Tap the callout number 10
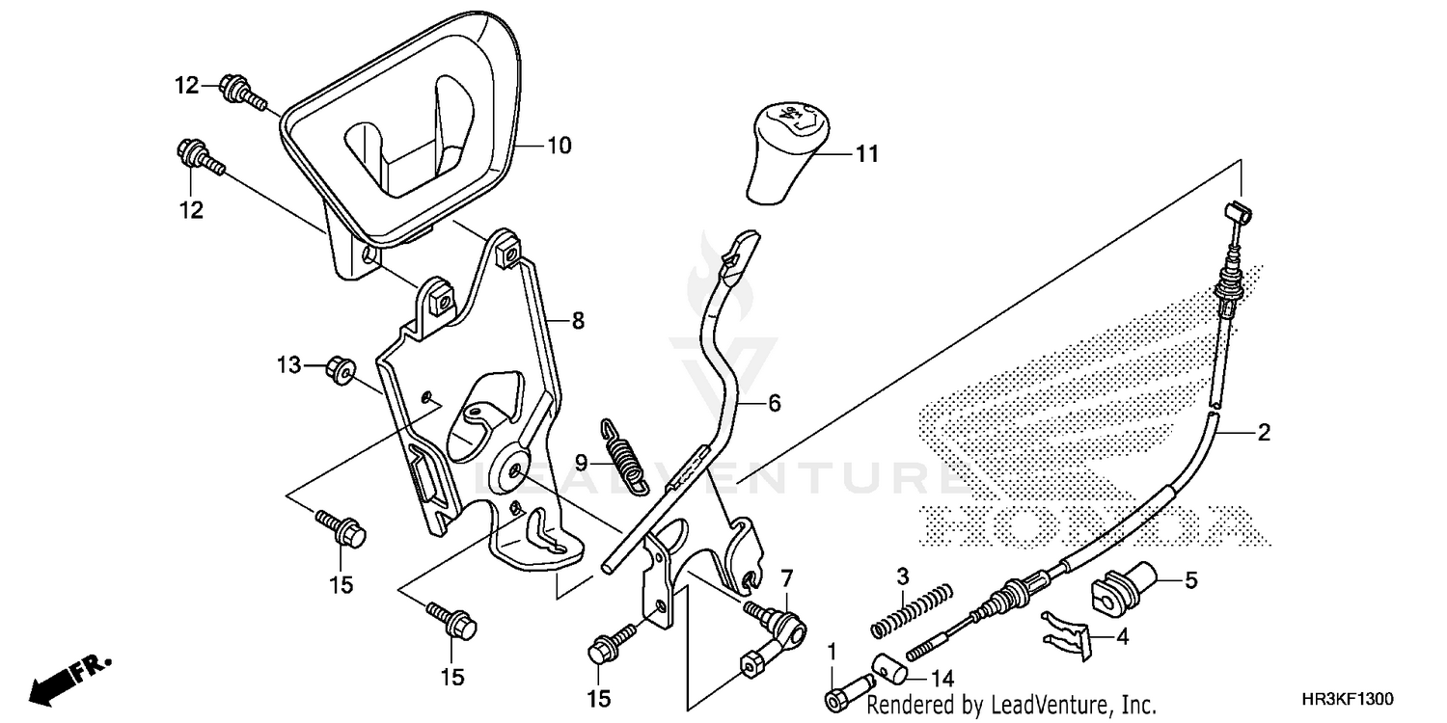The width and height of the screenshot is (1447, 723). pyautogui.click(x=560, y=147)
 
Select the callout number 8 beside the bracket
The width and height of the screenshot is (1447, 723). pyautogui.click(x=578, y=322)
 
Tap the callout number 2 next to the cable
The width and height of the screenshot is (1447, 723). pyautogui.click(x=1263, y=434)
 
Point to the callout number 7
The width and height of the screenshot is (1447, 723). pyautogui.click(x=786, y=578)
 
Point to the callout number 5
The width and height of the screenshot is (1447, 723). pyautogui.click(x=1190, y=580)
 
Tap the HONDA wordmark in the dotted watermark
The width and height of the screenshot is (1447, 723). pyautogui.click(x=1090, y=522)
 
